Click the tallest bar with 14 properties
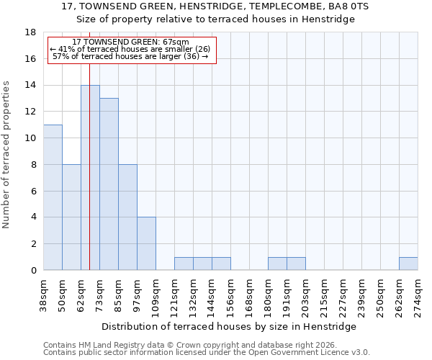pos(90,178)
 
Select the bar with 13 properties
pos(109,184)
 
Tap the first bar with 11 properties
pos(53,197)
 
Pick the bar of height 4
pos(146,243)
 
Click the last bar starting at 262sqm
pos(408,264)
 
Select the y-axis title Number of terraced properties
pos(6,155)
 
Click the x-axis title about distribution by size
pos(234,326)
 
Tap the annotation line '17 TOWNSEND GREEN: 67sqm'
pos(130,42)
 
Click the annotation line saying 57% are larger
pos(130,56)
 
